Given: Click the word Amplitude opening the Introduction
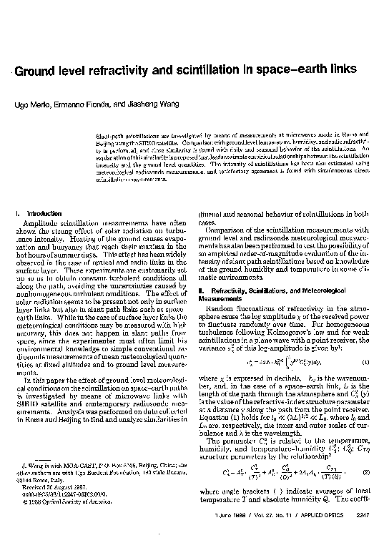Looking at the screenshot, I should pos(39,223).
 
